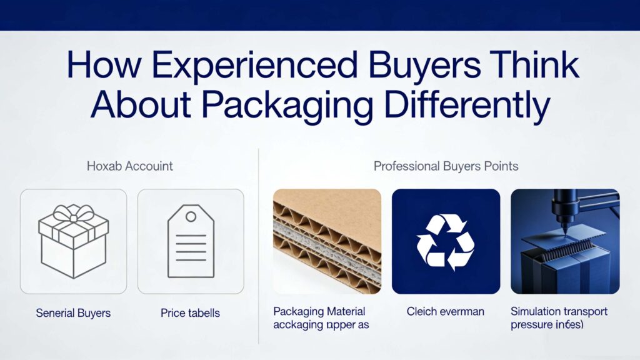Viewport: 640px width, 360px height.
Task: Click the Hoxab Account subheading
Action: pos(129,166)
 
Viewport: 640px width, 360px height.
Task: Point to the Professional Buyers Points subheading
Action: pos(446,166)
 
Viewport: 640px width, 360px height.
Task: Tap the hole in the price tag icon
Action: pos(191,216)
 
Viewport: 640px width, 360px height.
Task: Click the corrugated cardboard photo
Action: pos(327,241)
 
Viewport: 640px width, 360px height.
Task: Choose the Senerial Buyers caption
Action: pos(74,312)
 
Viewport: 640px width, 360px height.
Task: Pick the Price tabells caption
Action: pos(191,312)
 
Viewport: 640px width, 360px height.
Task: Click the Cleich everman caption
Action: pos(445,311)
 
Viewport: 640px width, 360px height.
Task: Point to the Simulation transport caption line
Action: pos(559,311)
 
